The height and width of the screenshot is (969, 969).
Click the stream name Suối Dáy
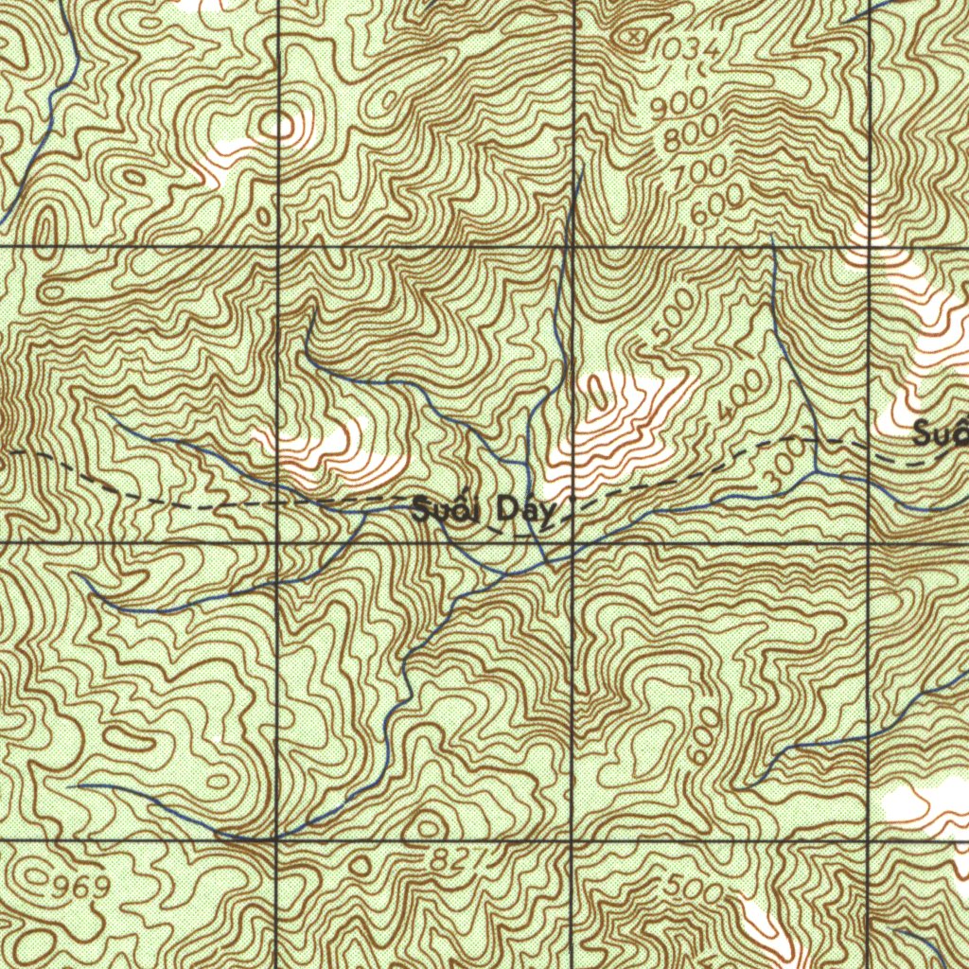click(486, 512)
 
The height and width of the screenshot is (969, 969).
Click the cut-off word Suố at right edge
click(941, 434)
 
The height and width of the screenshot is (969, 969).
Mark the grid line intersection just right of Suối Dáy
click(573, 543)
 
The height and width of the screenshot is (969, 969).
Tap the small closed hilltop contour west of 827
click(361, 866)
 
